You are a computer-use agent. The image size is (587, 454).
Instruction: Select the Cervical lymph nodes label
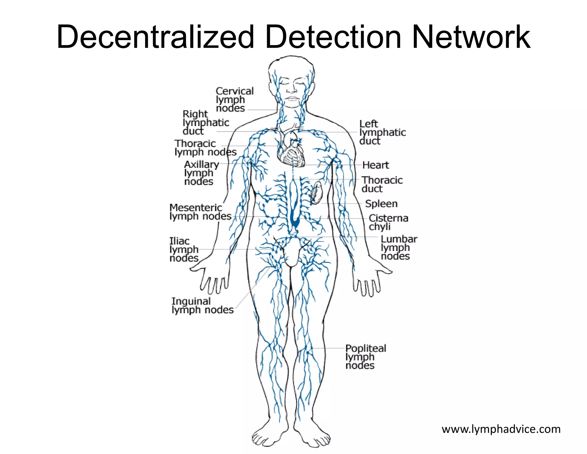coord(234,99)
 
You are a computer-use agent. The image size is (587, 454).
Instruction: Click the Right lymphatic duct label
coord(206,123)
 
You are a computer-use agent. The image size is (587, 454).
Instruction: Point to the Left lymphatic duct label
coord(382,132)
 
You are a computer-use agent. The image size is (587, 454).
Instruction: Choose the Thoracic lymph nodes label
coord(206,148)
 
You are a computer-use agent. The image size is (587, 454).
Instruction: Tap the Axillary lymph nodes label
coord(201,173)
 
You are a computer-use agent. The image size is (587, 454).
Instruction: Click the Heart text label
coord(375,165)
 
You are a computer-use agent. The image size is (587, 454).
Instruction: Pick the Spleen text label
coord(381,203)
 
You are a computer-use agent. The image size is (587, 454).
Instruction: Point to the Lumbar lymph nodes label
coord(399,247)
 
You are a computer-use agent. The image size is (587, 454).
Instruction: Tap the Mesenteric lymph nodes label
coord(200,212)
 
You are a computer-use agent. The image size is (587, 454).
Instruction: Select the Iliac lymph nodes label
coord(184,249)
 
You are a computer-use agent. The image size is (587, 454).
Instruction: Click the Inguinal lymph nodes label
coord(202,305)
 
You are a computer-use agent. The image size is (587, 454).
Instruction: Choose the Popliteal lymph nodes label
coord(365,356)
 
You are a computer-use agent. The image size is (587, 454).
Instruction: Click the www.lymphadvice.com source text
coord(501,429)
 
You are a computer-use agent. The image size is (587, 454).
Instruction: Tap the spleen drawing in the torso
coord(316,193)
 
